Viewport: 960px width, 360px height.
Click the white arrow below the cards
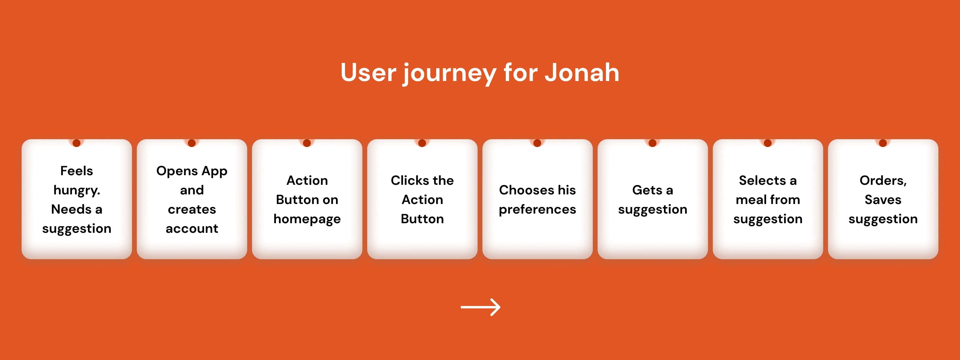coord(480,307)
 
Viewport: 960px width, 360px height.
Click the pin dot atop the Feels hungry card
coord(77,143)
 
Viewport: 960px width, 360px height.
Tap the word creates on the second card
coord(192,209)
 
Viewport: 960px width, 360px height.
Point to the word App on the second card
coord(214,171)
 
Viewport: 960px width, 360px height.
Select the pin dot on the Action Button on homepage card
coord(307,143)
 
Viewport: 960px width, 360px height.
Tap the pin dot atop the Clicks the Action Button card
coord(422,143)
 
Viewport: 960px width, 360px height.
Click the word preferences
coord(537,209)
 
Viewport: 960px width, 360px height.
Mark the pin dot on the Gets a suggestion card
coord(652,143)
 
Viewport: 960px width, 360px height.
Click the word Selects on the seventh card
coord(762,181)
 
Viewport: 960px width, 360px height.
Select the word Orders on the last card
coord(882,181)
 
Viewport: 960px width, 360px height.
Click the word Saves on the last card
coord(883,200)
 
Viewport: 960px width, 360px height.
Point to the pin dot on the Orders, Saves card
coord(883,143)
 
